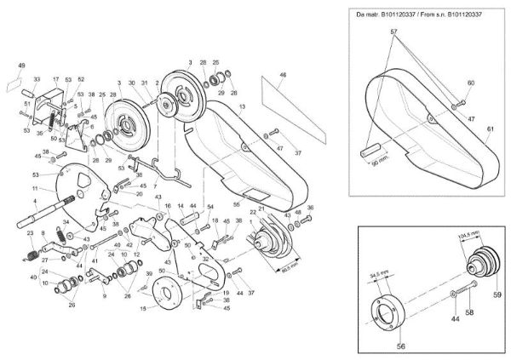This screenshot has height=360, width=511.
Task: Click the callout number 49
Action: tap(22, 65)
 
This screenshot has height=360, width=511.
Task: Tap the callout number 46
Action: tap(283, 76)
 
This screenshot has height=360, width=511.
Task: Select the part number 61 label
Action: tap(490, 129)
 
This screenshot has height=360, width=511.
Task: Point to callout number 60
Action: tap(469, 83)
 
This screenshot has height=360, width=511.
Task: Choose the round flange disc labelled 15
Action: tap(169, 292)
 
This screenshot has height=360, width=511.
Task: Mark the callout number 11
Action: tap(35, 187)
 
